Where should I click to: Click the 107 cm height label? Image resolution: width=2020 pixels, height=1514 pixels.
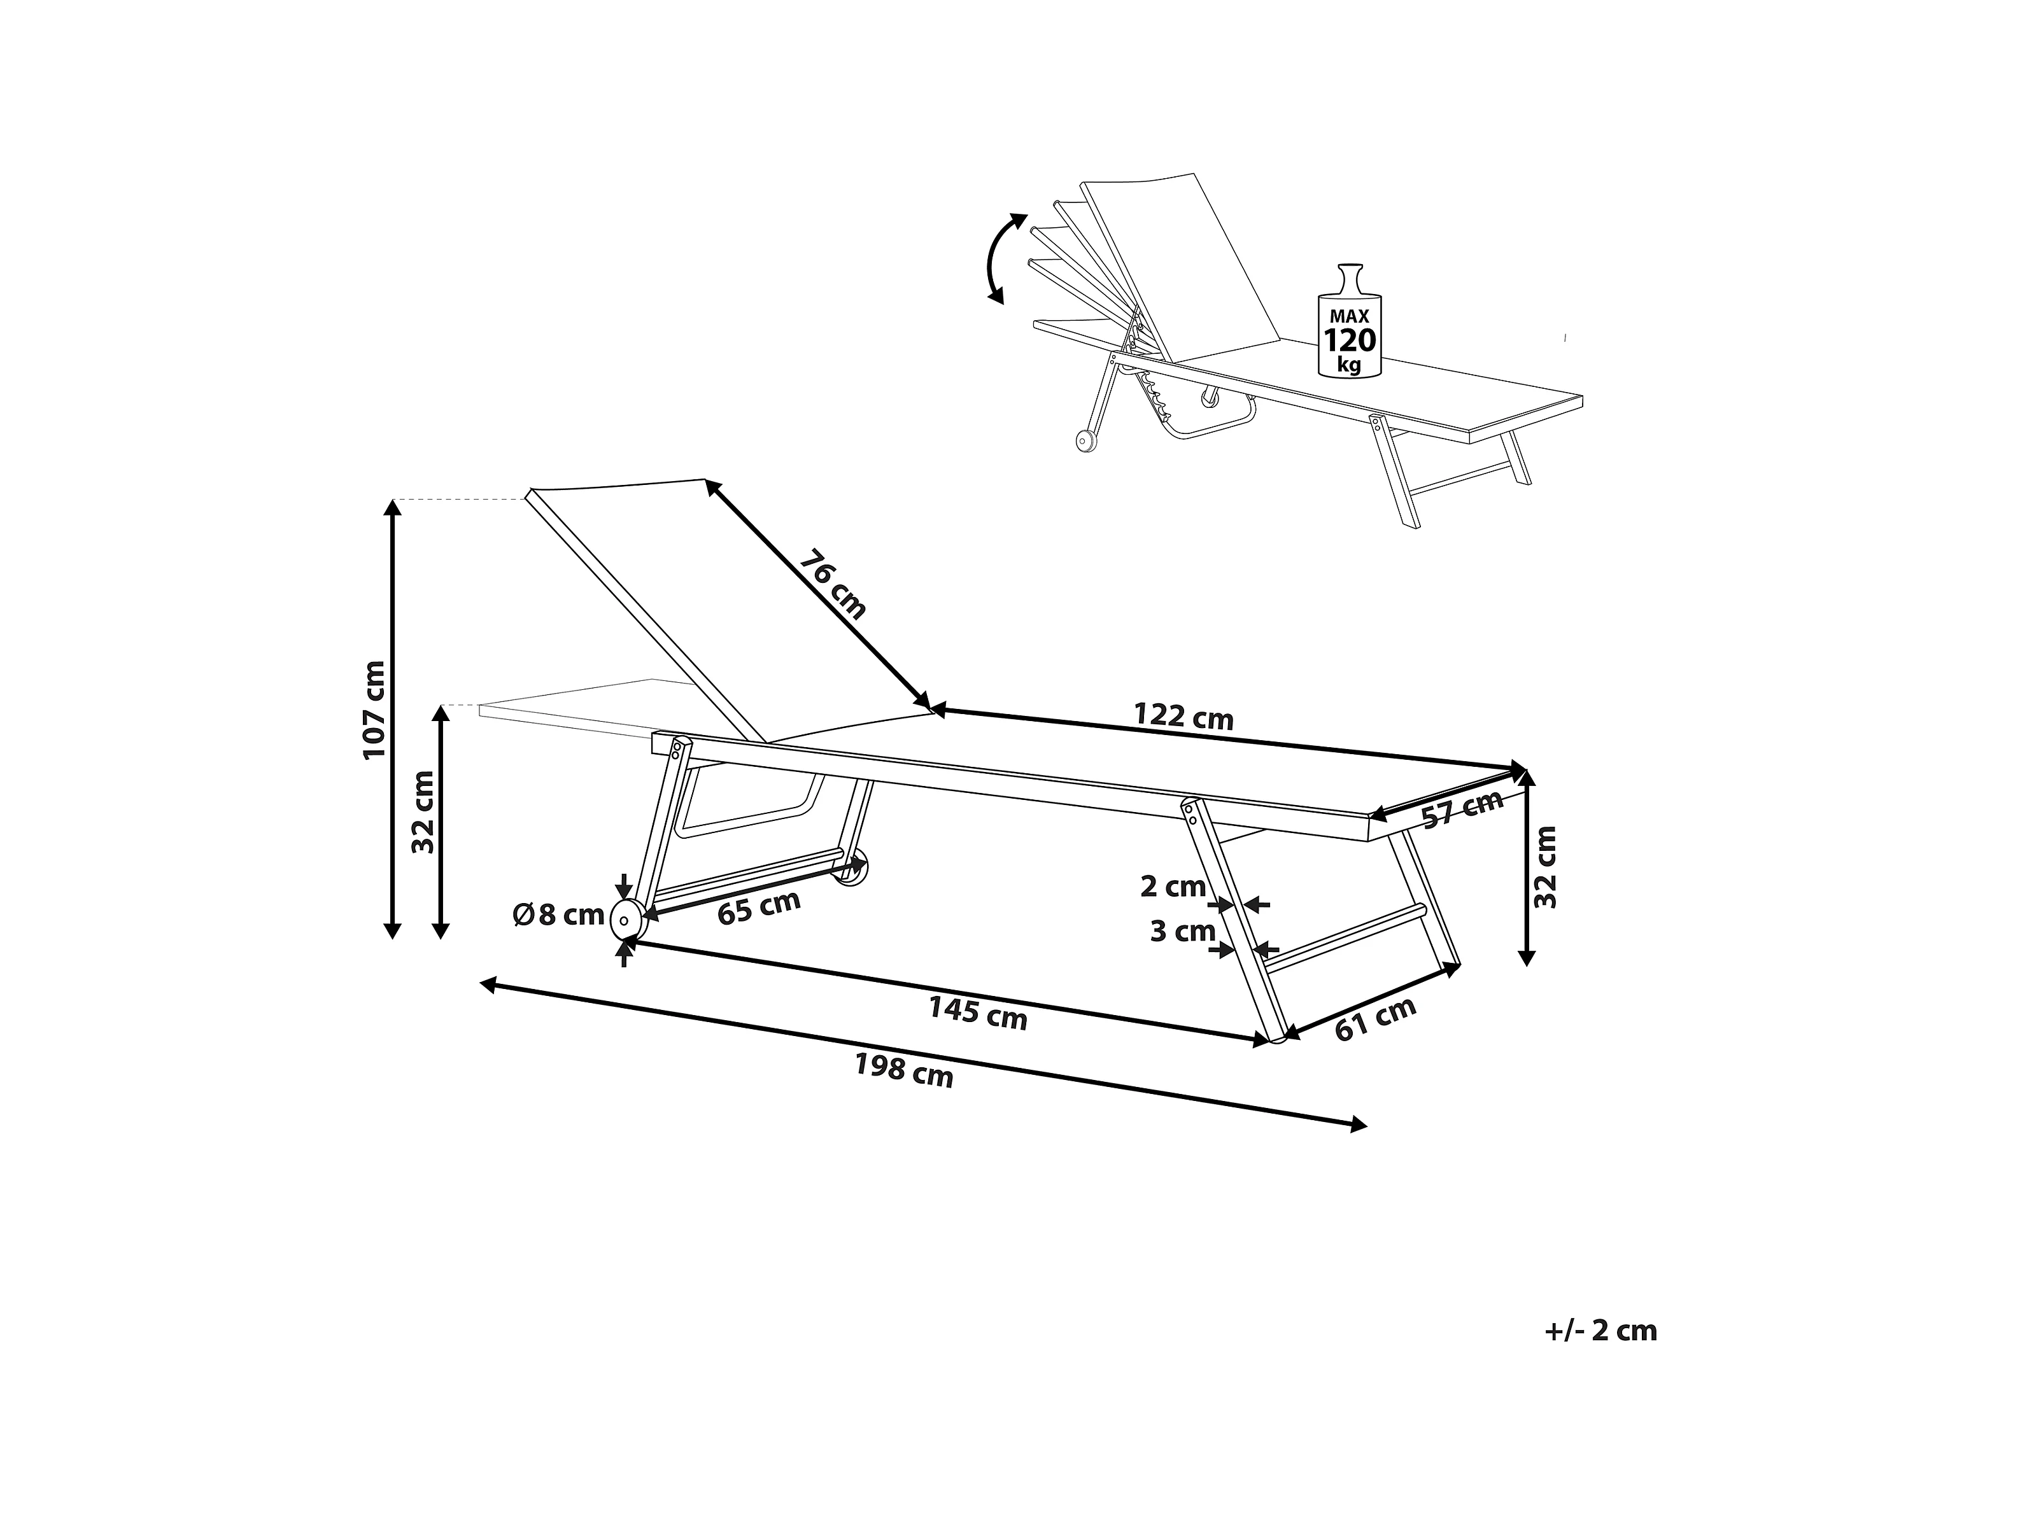(x=374, y=710)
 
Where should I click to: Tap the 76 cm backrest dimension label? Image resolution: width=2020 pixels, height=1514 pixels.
(x=832, y=584)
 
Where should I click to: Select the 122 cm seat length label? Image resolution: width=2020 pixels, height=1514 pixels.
(x=1183, y=717)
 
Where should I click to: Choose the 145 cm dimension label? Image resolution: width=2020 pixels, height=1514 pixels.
(x=978, y=1013)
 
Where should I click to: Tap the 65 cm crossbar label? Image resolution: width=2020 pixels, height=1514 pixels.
(x=759, y=908)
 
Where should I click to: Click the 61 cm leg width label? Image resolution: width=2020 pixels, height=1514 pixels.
(x=1375, y=1017)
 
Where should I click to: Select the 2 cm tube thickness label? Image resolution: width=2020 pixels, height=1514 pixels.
(x=1173, y=886)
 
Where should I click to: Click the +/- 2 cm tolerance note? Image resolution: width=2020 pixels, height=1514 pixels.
(x=1600, y=1331)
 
